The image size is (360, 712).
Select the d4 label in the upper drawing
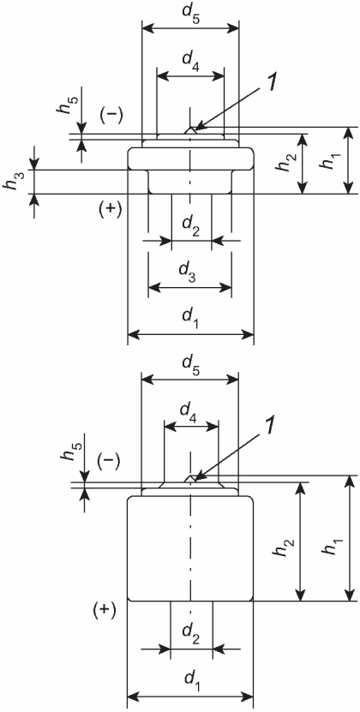pos(190,65)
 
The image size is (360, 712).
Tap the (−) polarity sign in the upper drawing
pos(111,117)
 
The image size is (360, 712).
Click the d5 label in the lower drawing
pos(190,366)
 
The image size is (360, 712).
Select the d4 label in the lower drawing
pos(190,414)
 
